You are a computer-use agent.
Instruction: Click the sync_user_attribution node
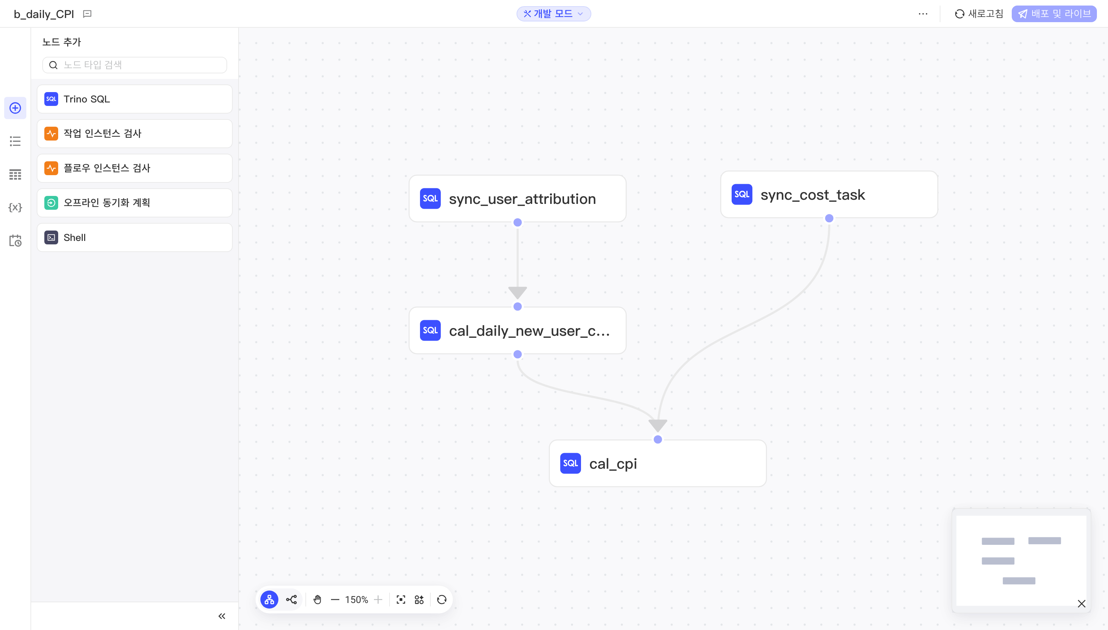[517, 199]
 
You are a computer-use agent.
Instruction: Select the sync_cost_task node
[829, 194]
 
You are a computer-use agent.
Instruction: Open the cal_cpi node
[658, 463]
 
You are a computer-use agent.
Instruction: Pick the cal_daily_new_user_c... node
[517, 331]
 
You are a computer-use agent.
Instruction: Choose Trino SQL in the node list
[135, 99]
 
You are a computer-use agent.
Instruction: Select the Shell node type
[135, 237]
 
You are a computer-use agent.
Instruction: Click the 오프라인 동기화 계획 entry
[135, 203]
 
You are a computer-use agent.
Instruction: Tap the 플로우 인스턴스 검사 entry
[135, 168]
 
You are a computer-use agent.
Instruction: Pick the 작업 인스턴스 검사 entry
[135, 134]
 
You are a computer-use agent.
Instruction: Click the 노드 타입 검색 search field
[135, 65]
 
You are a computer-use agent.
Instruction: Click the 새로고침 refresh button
[979, 14]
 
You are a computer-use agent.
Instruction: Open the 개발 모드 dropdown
[554, 14]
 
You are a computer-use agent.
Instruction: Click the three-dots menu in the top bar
[923, 14]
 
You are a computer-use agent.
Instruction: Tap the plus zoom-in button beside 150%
[378, 599]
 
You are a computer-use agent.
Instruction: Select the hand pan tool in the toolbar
[317, 599]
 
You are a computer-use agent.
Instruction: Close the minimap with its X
[1081, 604]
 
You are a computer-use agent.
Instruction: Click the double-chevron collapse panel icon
[222, 616]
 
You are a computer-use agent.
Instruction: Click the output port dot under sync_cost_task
[829, 218]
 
